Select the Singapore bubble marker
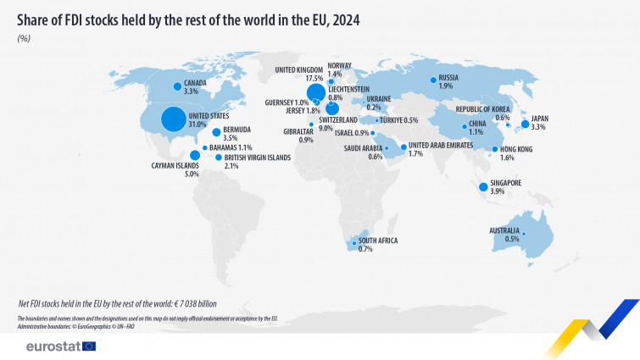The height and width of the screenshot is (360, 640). click(x=483, y=187)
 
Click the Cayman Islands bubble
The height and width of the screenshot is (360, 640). click(x=195, y=155)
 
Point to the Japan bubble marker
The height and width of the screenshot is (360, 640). click(x=525, y=124)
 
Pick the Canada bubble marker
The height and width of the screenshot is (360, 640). click(x=176, y=86)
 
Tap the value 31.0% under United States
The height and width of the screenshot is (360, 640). click(x=198, y=125)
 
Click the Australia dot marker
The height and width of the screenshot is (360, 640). click(x=524, y=234)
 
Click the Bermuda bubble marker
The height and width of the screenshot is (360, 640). click(x=216, y=133)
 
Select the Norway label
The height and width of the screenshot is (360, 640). click(x=340, y=65)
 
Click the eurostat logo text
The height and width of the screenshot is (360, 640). click(x=53, y=346)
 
